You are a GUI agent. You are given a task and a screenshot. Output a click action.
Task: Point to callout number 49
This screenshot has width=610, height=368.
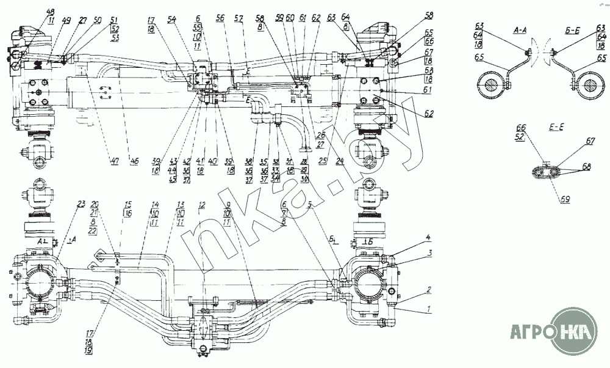(66, 20)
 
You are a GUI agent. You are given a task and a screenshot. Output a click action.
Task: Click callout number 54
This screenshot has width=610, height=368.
(172, 20)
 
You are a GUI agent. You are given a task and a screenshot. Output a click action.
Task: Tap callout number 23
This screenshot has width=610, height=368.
(82, 204)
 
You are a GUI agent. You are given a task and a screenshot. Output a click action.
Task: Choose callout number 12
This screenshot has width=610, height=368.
(201, 204)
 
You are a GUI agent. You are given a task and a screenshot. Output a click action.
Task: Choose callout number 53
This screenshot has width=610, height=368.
(114, 38)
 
